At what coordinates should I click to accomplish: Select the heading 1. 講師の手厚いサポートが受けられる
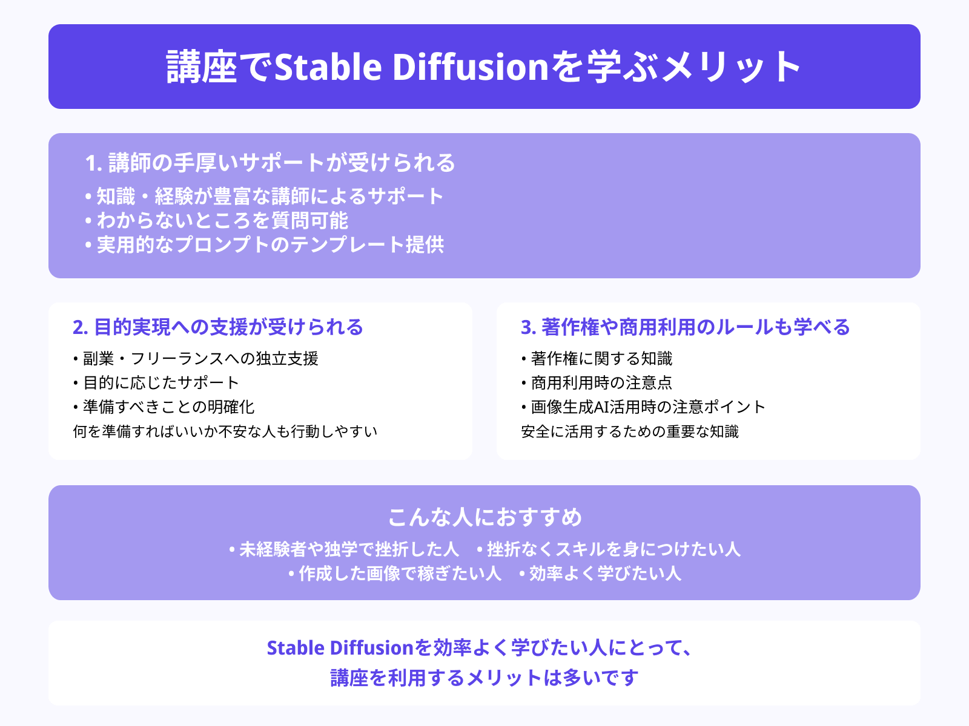pyautogui.click(x=270, y=163)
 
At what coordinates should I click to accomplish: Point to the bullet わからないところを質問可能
pyautogui.click(x=222, y=220)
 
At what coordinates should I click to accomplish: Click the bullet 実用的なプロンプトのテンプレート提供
pyautogui.click(x=270, y=244)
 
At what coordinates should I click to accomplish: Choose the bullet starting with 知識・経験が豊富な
pyautogui.click(x=270, y=196)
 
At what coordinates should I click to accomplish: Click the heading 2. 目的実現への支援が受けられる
pyautogui.click(x=218, y=327)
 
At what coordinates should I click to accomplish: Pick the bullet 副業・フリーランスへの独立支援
pyautogui.click(x=200, y=359)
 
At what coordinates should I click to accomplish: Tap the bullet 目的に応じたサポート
pyautogui.click(x=160, y=382)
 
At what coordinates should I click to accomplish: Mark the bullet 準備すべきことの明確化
pyautogui.click(x=168, y=407)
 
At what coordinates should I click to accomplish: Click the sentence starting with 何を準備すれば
pyautogui.click(x=225, y=431)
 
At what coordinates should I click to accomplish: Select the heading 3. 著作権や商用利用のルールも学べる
pyautogui.click(x=686, y=327)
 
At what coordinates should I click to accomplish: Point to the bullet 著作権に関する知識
pyautogui.click(x=601, y=359)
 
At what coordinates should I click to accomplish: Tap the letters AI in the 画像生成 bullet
pyautogui.click(x=601, y=407)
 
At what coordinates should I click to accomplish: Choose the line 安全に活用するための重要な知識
pyautogui.click(x=630, y=431)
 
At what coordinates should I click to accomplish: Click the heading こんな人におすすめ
pyautogui.click(x=484, y=517)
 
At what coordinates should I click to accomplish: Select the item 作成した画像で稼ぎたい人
pyautogui.click(x=400, y=573)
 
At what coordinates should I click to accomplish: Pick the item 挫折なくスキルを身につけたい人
pyautogui.click(x=613, y=549)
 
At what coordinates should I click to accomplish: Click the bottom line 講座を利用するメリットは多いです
pyautogui.click(x=484, y=678)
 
